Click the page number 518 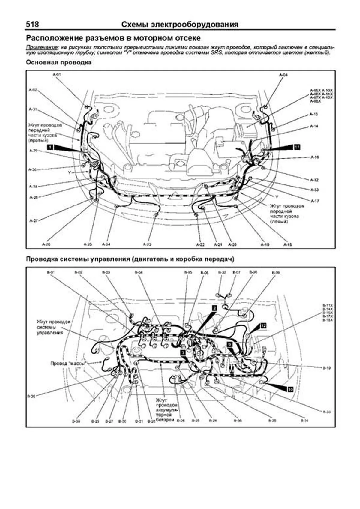[32, 24]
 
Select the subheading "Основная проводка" [58, 63]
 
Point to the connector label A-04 [283, 75]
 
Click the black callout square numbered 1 [50, 147]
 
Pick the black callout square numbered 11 [297, 147]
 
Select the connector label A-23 [147, 245]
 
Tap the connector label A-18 [287, 245]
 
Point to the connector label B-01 [51, 272]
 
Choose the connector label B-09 [276, 273]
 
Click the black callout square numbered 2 [214, 308]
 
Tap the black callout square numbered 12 [263, 325]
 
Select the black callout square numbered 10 [290, 389]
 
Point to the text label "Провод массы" [69, 363]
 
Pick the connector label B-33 [327, 412]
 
